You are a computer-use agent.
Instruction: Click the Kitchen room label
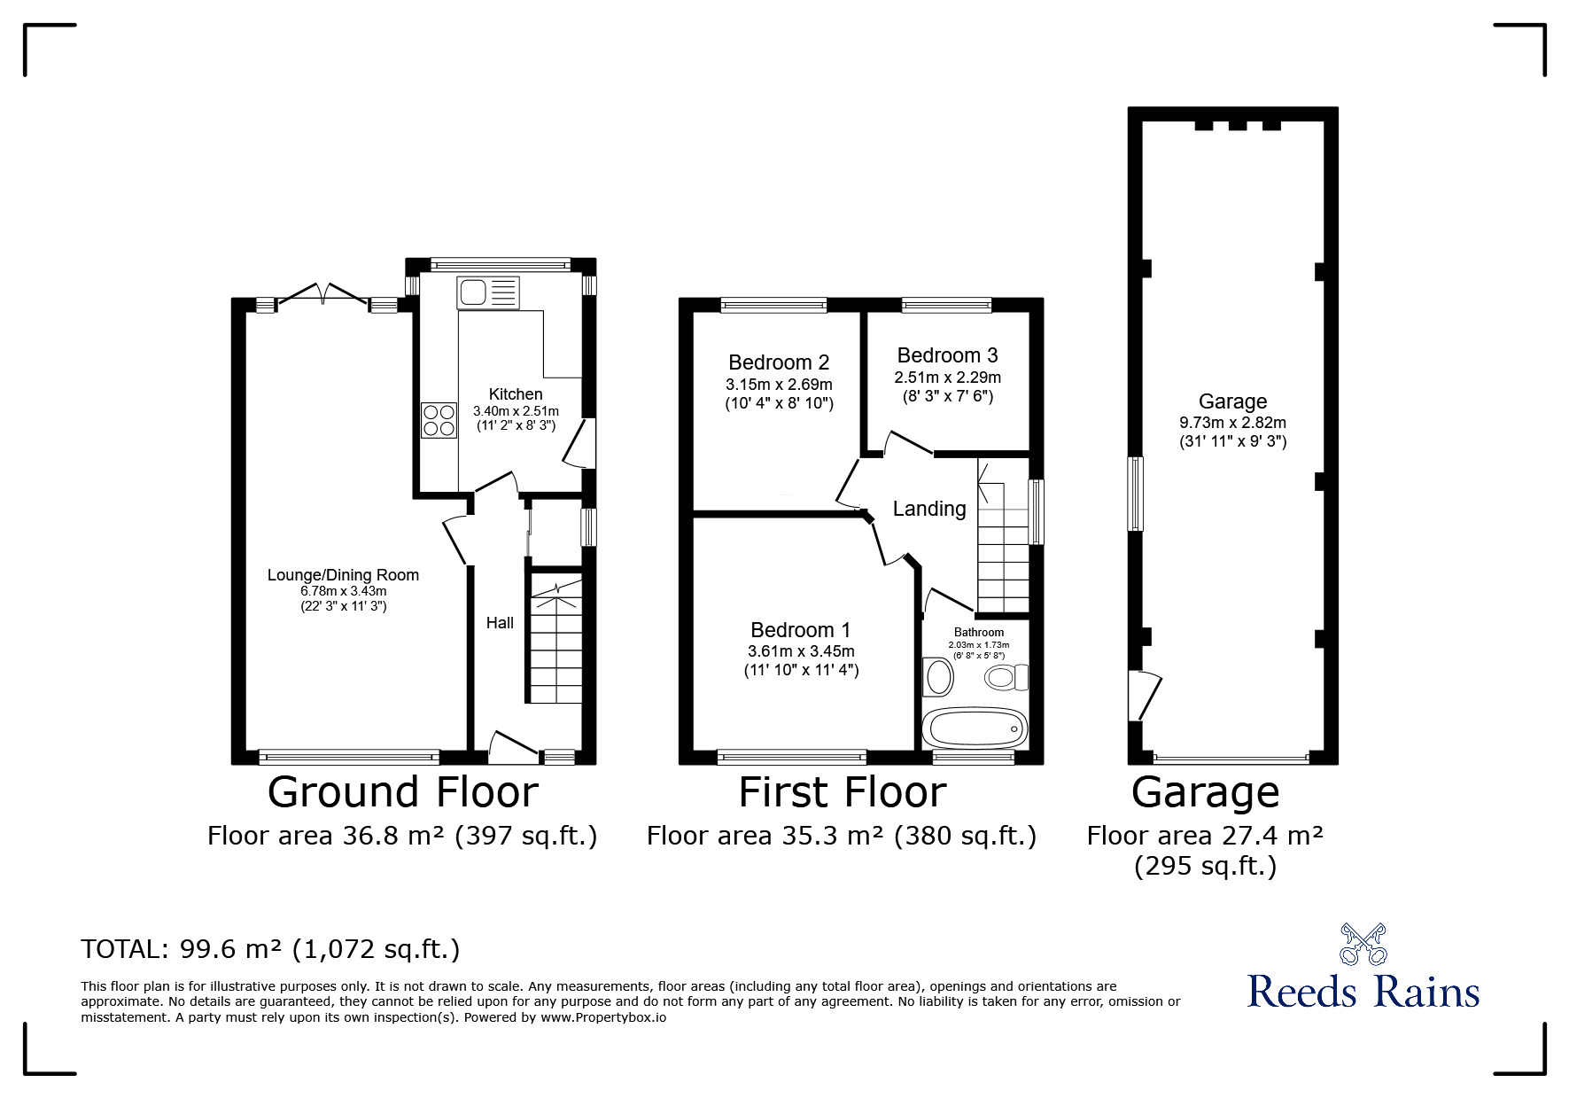(516, 394)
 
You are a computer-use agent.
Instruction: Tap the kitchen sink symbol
(488, 292)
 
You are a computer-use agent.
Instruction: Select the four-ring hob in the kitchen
(439, 420)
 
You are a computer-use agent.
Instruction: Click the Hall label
(500, 623)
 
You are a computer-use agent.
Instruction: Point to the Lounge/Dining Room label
(343, 575)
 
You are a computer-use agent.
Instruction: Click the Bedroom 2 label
(779, 362)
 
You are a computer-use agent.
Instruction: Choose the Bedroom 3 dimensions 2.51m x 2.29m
(947, 378)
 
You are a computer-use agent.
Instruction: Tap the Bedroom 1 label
(801, 630)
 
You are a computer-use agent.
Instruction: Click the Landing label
(929, 509)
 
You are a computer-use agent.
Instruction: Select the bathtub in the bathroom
(975, 728)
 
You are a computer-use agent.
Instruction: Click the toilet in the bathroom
(1006, 678)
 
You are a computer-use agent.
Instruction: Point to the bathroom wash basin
(937, 677)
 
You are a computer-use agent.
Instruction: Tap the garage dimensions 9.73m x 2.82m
(1232, 424)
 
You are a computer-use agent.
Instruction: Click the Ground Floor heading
(403, 792)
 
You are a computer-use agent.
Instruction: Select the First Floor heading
(843, 792)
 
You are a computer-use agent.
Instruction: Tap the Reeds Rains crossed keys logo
(1363, 945)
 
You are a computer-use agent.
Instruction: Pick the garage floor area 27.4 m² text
(1206, 836)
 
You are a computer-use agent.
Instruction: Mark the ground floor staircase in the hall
(556, 638)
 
